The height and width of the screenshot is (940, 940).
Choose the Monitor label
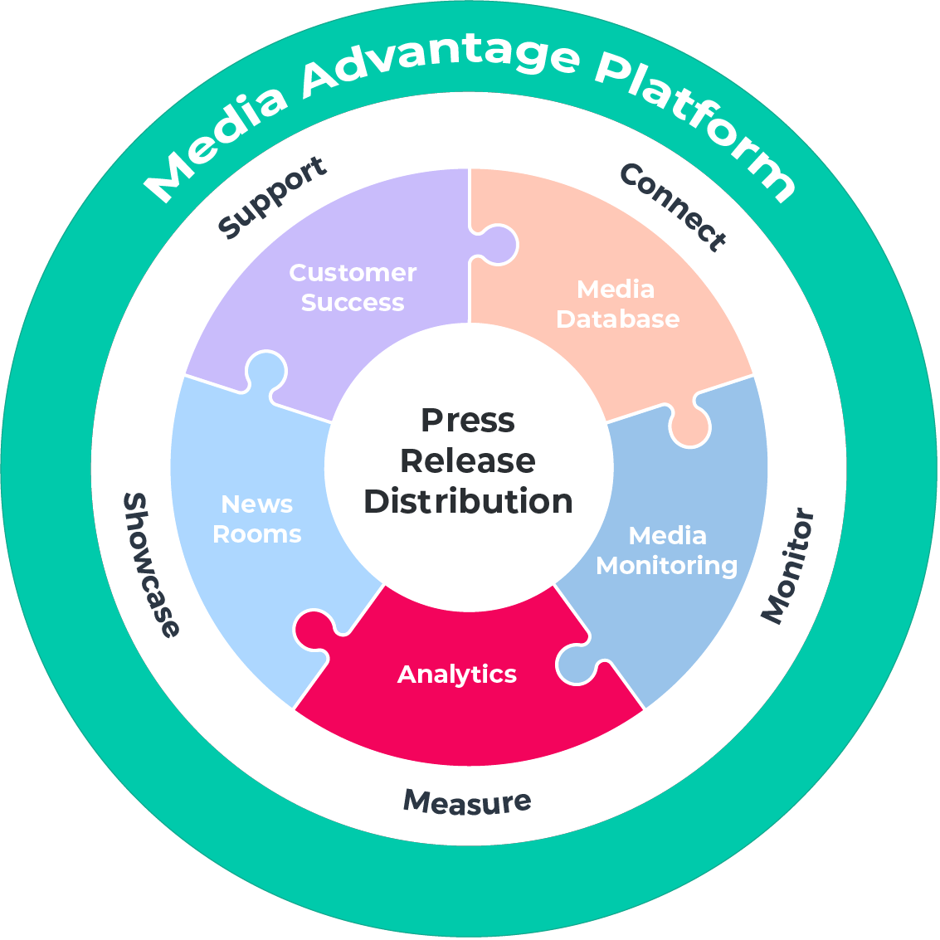[788, 567]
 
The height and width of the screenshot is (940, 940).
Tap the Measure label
[466, 801]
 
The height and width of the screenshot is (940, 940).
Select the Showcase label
[150, 565]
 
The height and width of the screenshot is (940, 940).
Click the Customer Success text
[353, 287]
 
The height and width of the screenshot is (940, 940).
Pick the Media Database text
[617, 304]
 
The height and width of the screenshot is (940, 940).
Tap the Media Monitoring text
[667, 551]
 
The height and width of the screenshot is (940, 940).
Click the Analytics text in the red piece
[457, 674]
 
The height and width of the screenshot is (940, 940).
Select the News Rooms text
[257, 519]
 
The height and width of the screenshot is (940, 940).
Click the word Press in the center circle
[468, 420]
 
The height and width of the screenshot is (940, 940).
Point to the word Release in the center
[468, 460]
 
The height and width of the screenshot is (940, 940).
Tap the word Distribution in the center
[468, 501]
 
